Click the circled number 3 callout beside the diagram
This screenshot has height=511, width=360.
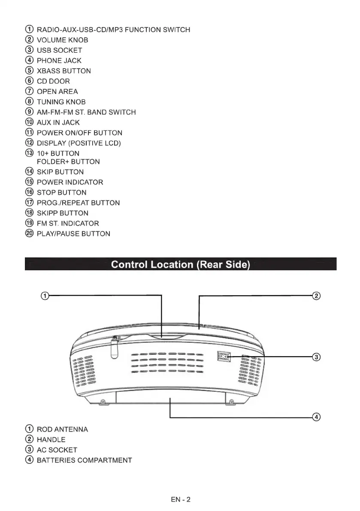point(316,357)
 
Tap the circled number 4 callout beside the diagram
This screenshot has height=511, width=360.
point(316,417)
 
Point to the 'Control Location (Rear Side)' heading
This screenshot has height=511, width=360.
point(180,264)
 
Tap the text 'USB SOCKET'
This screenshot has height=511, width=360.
point(60,50)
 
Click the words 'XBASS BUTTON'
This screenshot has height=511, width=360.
point(64,71)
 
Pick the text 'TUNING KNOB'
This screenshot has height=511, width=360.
point(61,102)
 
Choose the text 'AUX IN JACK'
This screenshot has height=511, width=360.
point(58,122)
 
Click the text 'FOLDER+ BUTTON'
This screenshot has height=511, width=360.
point(68,162)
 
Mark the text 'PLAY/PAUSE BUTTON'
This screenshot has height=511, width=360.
point(73,234)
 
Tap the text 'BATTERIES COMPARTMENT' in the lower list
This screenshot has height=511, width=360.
point(85,460)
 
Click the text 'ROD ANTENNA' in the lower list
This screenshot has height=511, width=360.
point(63,429)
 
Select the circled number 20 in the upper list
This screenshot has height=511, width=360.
point(29,234)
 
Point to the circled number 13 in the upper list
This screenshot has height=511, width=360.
point(29,153)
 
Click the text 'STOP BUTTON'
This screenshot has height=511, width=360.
point(61,193)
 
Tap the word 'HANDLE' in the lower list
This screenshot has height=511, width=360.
point(51,440)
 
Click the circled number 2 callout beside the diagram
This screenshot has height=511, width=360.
point(316,296)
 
